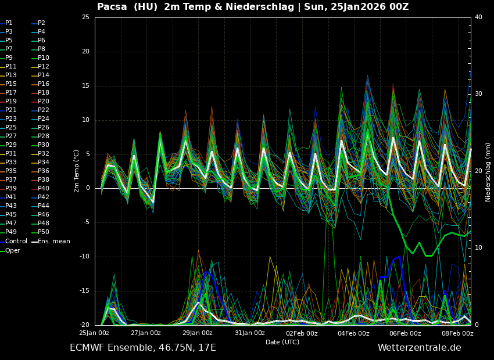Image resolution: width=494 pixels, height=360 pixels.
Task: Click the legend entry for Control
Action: pos(16,241)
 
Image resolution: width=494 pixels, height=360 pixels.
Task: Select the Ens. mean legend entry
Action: pos(53,241)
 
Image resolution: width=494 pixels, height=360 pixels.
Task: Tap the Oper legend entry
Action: pos(13,250)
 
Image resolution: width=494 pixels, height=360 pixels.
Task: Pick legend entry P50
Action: pos(43,232)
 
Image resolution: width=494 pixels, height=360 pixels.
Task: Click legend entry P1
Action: pos(9,23)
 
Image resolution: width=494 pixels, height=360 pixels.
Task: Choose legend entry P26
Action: pos(43,127)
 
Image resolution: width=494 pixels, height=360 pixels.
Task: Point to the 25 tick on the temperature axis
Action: pos(85,17)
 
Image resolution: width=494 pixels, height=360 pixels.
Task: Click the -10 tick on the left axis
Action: pos(84,257)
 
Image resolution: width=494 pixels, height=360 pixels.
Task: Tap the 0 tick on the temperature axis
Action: pos(87,188)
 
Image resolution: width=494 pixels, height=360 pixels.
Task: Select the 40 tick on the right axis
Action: pos(478,17)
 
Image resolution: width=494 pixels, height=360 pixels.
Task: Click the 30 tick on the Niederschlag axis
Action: pos(478,94)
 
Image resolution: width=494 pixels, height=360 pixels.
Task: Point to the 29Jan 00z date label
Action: pos(198,333)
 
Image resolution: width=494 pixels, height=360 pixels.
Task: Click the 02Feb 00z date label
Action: pos(302,333)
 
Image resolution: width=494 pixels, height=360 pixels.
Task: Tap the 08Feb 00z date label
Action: pos(457,333)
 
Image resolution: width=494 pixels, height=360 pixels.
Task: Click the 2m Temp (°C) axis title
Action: pos(77,171)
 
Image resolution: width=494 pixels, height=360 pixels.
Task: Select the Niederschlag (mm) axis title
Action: pos(488,172)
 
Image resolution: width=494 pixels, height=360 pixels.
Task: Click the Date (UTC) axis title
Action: pos(282,342)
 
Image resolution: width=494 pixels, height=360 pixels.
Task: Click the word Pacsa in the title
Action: pos(112,7)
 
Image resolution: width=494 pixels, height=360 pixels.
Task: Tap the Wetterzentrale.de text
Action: pos(419,348)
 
